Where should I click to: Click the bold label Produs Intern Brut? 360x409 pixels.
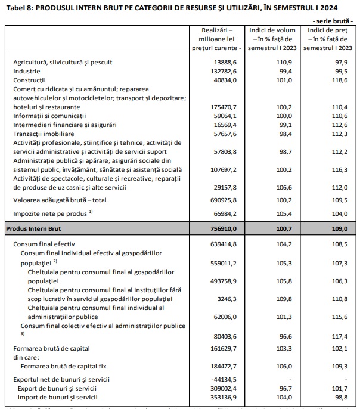pos(35,228)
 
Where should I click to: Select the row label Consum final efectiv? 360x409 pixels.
pos(45,244)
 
